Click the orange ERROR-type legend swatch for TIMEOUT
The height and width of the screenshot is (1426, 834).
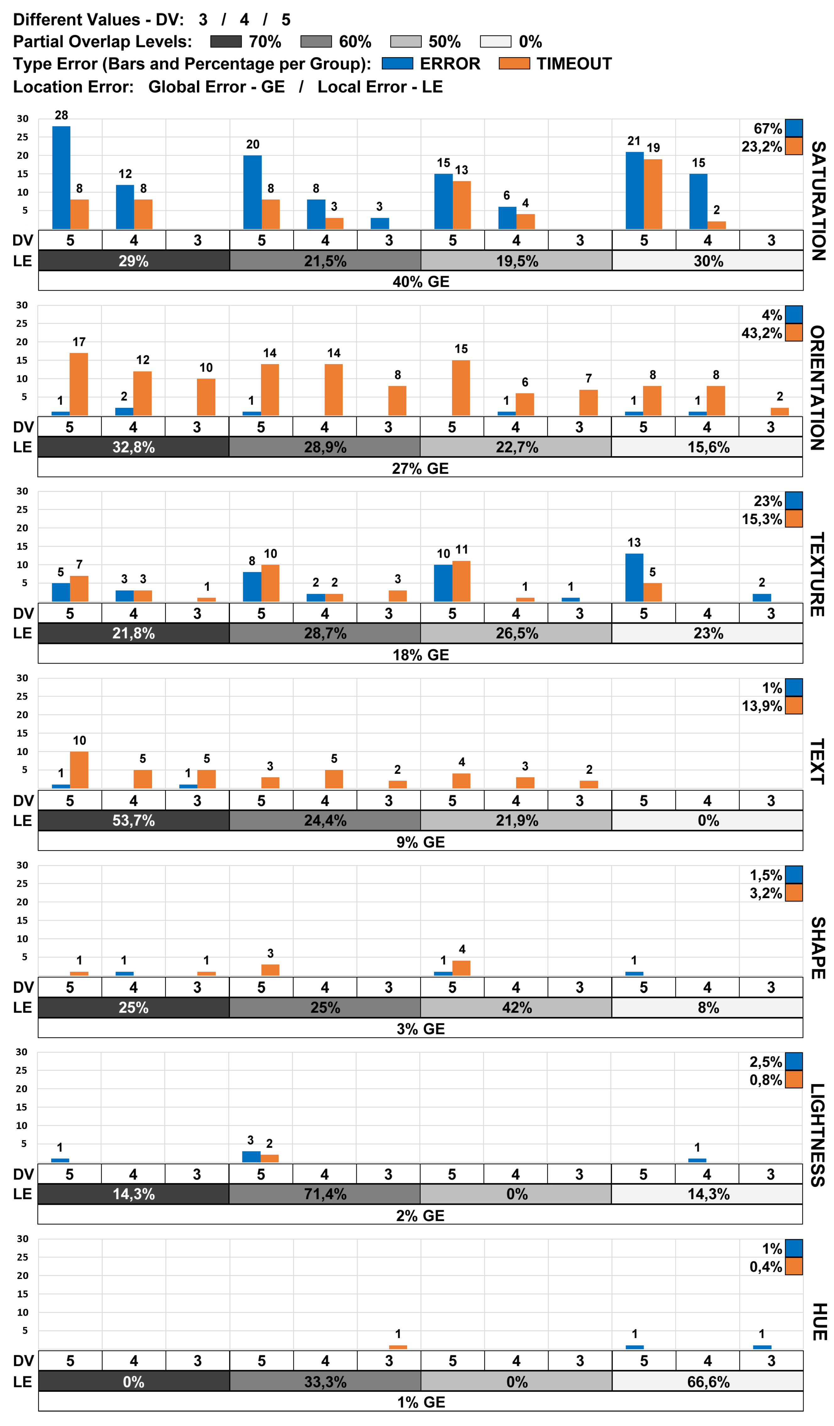pos(514,63)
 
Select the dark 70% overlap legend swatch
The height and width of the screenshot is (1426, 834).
pos(226,41)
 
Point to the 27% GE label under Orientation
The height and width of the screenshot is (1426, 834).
pos(420,468)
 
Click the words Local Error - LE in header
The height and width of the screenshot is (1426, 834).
pos(380,87)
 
